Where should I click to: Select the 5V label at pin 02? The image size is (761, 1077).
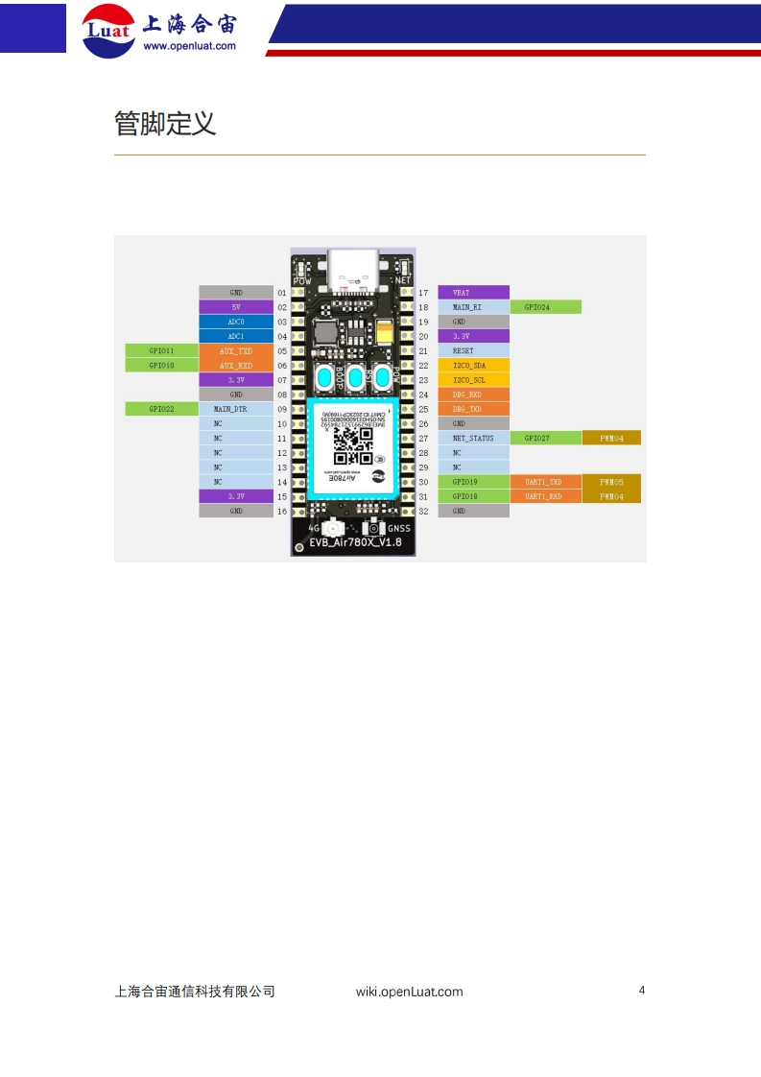pos(236,307)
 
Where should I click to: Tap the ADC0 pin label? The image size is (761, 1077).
pos(236,322)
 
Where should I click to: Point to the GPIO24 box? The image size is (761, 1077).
pos(545,307)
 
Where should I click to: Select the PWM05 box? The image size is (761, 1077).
pos(611,482)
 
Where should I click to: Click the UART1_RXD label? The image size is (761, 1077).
pos(545,496)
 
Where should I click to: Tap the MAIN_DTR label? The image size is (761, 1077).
pos(236,409)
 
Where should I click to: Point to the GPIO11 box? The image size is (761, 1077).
pos(161,351)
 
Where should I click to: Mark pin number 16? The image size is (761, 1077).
pos(282,512)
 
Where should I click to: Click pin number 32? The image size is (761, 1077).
pos(423,512)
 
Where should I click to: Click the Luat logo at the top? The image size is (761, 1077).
pos(107,29)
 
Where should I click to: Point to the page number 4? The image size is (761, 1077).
pos(642,991)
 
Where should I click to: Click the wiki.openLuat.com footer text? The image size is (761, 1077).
pos(409,992)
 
